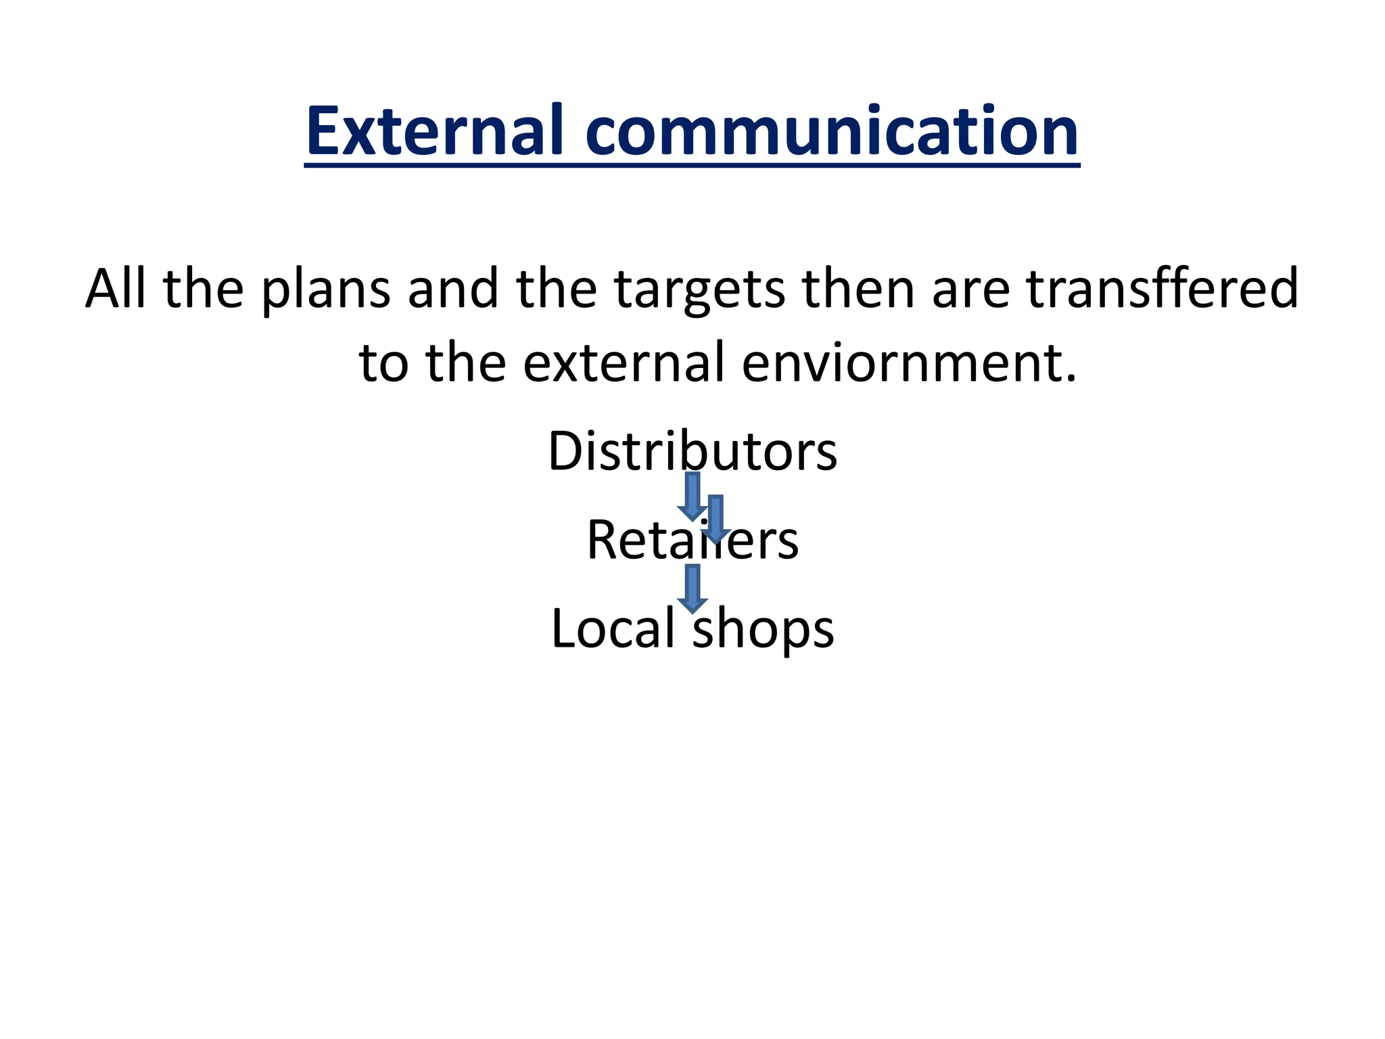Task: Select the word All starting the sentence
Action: coord(115,288)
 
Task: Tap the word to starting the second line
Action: coord(383,363)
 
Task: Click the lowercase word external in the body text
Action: coord(623,363)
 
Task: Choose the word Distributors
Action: coord(692,451)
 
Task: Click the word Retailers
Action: coord(692,540)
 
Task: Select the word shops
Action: coord(764,629)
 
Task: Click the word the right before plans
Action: coord(204,288)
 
